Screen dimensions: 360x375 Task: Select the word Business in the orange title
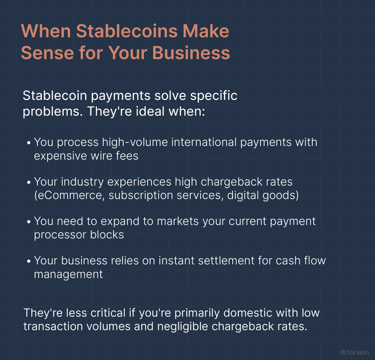pos(191,53)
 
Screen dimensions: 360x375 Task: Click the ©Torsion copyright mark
pos(354,352)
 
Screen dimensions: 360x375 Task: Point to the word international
pos(194,142)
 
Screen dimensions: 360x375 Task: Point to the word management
pos(68,274)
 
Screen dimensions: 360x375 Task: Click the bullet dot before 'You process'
pos(29,142)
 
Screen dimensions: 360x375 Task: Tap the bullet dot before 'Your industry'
pos(29,182)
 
